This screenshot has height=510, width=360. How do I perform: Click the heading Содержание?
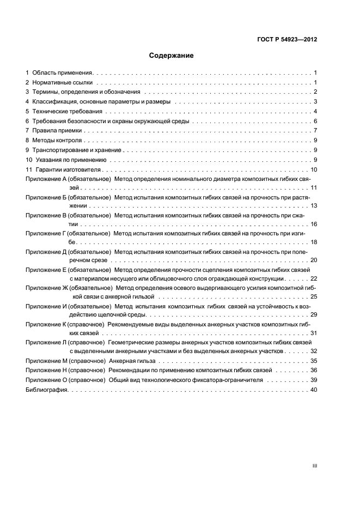click(172, 56)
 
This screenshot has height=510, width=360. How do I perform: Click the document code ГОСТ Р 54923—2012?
click(286, 40)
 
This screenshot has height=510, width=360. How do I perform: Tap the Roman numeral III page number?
click(314, 466)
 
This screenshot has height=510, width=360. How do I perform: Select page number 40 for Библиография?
click(313, 390)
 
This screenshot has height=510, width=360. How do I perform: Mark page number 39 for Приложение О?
click(313, 380)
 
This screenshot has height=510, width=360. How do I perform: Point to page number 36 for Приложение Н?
click(313, 371)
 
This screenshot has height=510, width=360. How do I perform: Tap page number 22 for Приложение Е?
click(313, 278)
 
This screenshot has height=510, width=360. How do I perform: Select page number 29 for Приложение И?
click(313, 315)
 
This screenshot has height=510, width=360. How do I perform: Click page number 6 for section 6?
click(315, 121)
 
